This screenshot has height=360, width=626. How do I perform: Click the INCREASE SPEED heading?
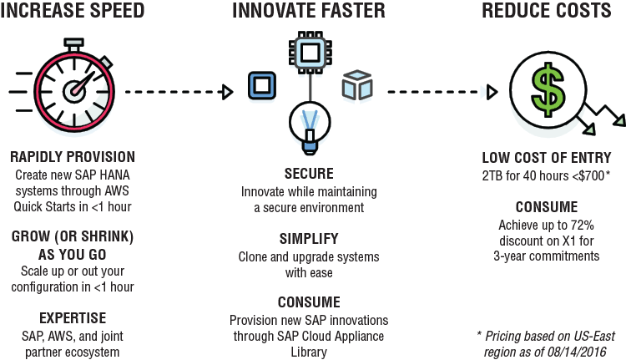[x=73, y=10]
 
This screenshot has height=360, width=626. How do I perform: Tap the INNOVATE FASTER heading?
[x=309, y=10]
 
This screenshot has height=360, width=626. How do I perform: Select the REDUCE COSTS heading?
[x=547, y=10]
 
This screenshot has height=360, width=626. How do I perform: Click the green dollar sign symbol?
[x=548, y=90]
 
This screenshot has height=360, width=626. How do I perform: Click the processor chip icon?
[x=310, y=52]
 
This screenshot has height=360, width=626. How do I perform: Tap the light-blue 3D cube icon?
[x=357, y=85]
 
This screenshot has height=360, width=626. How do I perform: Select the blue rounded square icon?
[x=262, y=85]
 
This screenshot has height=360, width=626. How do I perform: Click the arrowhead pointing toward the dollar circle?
[x=492, y=93]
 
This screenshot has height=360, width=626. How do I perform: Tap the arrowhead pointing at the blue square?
[x=228, y=93]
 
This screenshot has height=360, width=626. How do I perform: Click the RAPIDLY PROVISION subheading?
[x=73, y=157]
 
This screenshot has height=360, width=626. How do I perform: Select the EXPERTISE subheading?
[x=73, y=318]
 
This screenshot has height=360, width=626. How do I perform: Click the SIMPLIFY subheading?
[x=309, y=239]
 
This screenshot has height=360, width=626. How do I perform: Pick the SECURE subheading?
[x=309, y=174]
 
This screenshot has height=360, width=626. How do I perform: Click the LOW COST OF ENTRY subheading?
[x=547, y=158]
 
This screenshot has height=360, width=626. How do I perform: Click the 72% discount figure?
[x=583, y=226]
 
